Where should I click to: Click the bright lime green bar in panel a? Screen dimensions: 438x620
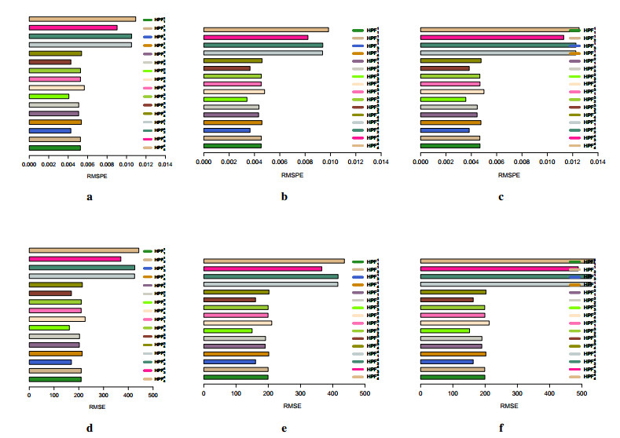(49, 96)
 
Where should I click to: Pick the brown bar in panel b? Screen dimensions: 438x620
(227, 68)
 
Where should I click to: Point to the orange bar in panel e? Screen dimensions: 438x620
(236, 354)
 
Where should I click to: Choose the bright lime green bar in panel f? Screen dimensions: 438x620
(445, 330)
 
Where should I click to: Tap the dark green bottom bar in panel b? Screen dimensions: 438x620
(233, 145)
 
